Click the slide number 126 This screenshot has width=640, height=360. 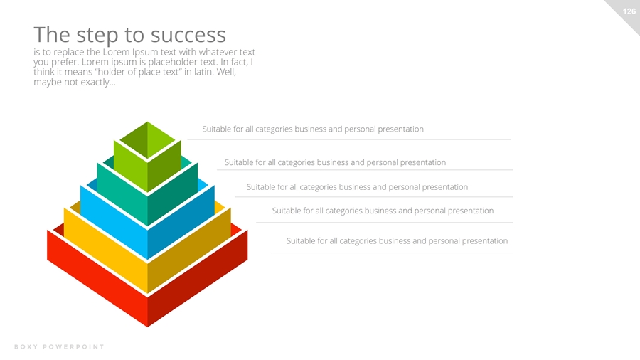coord(629,11)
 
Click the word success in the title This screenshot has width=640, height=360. coord(188,35)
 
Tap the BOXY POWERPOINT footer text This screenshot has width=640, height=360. coord(59,347)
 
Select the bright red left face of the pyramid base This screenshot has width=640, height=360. coord(97,278)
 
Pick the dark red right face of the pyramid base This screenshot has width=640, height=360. coord(198,278)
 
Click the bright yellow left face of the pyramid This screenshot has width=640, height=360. coord(105,250)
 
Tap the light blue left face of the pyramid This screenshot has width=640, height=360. coord(114,222)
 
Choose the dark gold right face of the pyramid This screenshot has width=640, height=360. coord(189,250)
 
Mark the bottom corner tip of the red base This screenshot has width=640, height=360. coord(147,327)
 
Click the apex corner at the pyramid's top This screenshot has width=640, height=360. coord(147,122)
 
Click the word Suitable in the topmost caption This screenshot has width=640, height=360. coord(217,129)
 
